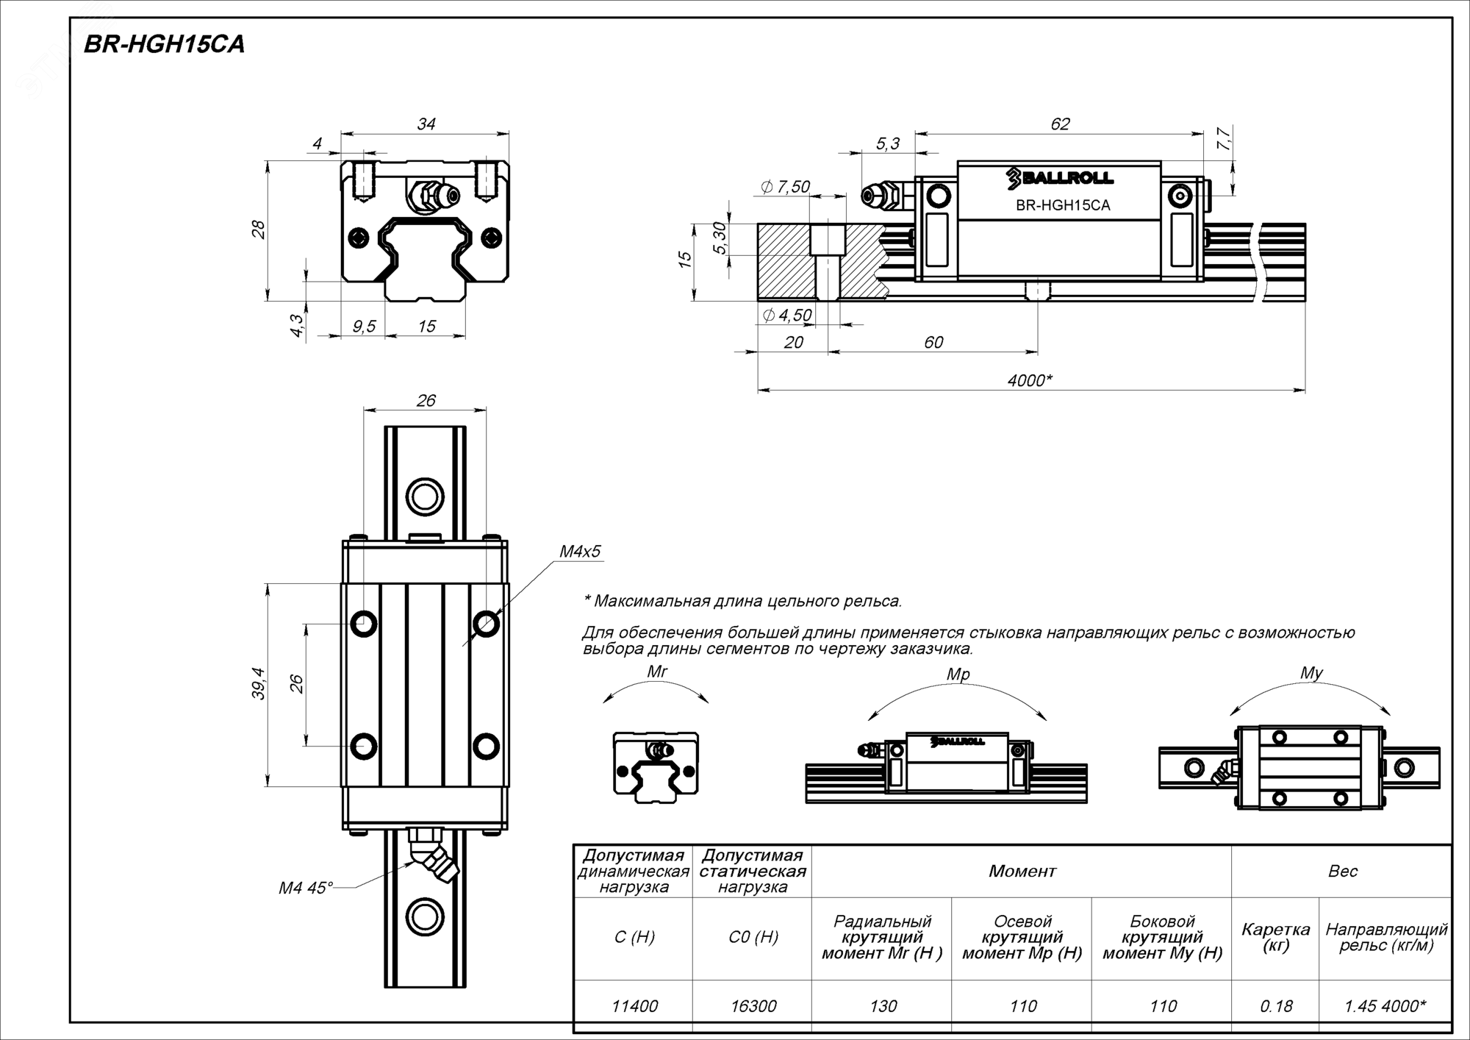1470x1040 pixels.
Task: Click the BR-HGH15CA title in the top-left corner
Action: [x=164, y=45]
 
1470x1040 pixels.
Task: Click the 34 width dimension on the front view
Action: [x=426, y=124]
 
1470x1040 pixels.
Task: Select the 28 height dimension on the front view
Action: [x=259, y=230]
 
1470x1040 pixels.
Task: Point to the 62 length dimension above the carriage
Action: [x=1060, y=124]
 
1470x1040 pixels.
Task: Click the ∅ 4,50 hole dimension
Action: [x=787, y=316]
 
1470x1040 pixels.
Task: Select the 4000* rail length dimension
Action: [x=1030, y=380]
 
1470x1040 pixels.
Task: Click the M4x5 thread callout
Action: [x=580, y=551]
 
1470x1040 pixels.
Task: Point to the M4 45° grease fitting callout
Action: [x=305, y=888]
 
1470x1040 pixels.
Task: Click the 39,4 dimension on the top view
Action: [x=259, y=684]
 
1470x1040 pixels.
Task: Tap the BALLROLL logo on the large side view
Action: [x=1060, y=177]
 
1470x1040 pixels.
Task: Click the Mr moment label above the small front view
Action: [x=657, y=671]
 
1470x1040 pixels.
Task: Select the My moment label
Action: [x=1311, y=672]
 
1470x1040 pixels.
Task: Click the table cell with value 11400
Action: [x=634, y=1005]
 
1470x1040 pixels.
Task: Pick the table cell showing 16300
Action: [x=753, y=1005]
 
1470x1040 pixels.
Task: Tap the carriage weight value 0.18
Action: [x=1275, y=1005]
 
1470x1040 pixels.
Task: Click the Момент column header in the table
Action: [x=1022, y=872]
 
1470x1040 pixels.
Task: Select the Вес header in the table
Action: [x=1342, y=872]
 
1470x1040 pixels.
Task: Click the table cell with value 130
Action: [x=883, y=1005]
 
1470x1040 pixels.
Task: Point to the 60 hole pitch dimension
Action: [x=933, y=342]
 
